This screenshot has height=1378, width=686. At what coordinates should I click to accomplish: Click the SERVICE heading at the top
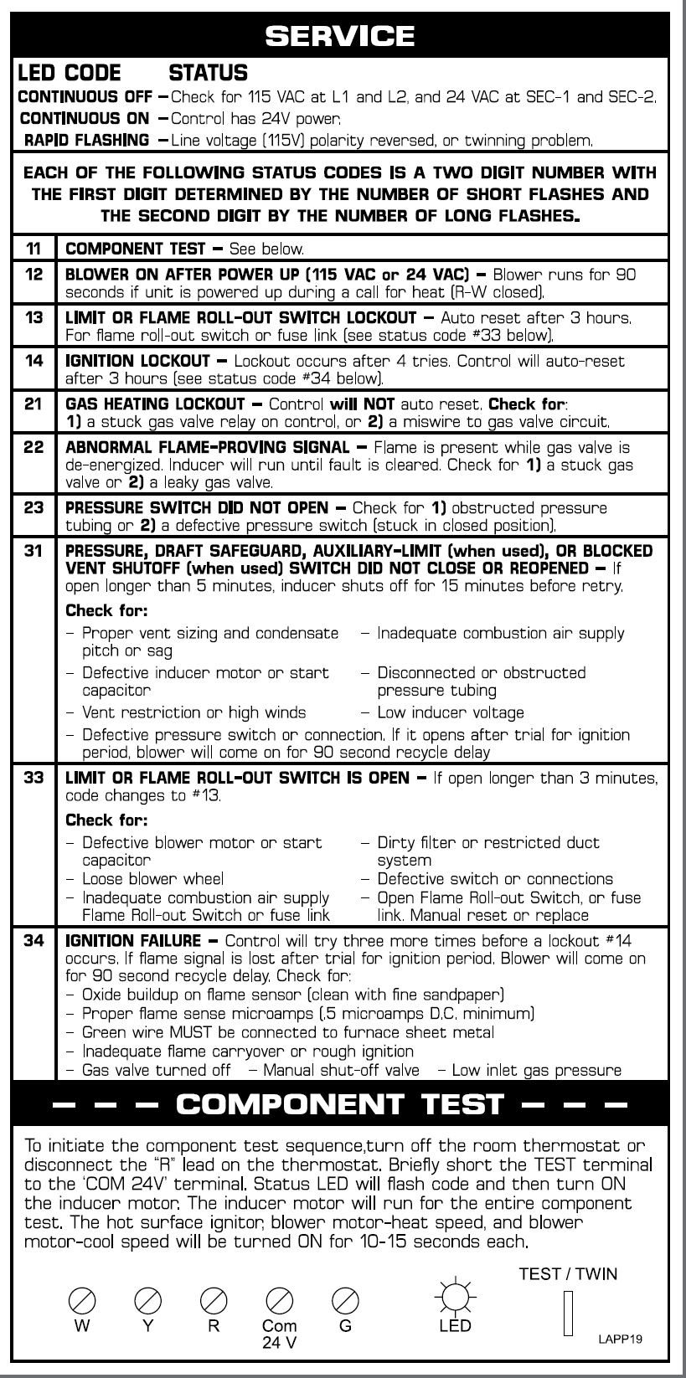(339, 35)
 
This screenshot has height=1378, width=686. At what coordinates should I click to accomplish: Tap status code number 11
(34, 249)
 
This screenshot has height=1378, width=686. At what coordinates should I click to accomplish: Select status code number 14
(34, 361)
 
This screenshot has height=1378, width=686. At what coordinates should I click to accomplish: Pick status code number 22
(34, 447)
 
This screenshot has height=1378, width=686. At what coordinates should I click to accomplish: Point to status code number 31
(34, 551)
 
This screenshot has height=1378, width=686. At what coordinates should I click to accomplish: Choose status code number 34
(34, 941)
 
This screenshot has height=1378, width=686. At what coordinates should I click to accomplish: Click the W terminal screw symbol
(82, 1300)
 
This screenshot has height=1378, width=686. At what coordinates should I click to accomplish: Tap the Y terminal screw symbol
(147, 1300)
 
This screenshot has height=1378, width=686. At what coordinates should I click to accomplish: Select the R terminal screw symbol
(214, 1300)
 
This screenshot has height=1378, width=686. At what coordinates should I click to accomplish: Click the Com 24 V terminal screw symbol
(279, 1300)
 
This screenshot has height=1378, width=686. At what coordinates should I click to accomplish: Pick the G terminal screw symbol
(345, 1300)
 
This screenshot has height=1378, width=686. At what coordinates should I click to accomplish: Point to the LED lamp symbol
(455, 1298)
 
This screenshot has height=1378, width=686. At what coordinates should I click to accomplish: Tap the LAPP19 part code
(620, 1339)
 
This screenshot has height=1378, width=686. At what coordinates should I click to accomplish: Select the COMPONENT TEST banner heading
(340, 1103)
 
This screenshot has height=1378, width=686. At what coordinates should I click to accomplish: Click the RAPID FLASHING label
(87, 140)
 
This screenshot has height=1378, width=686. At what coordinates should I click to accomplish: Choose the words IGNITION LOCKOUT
(137, 361)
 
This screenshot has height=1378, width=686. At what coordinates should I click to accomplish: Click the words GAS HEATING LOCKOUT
(155, 404)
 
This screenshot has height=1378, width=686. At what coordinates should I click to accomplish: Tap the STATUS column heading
(209, 73)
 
